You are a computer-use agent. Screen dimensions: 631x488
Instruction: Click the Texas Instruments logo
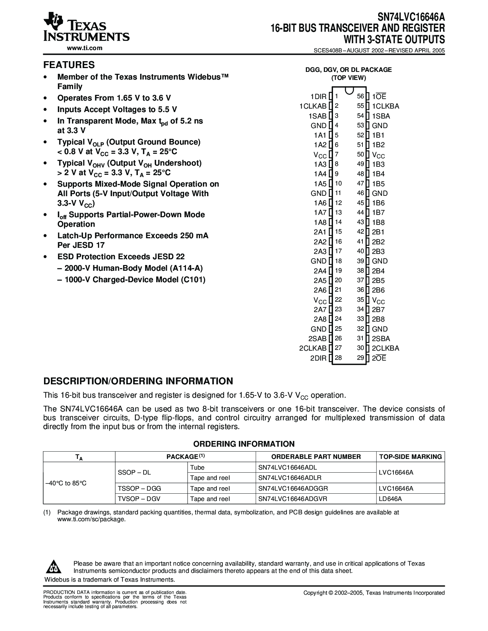coord(87,28)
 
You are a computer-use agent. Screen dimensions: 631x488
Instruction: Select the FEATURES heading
coord(69,65)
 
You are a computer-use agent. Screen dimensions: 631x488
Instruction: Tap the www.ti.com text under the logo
coord(85,48)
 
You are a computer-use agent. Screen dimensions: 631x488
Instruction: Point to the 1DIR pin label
coord(318,97)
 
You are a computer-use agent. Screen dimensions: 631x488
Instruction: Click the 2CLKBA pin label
coord(385,348)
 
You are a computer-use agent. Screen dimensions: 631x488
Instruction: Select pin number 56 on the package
coord(360,96)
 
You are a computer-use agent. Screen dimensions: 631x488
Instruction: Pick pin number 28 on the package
coord(338,358)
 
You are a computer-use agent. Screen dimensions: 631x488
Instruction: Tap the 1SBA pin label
coord(381,116)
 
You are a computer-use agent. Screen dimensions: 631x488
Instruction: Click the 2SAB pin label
coord(317,338)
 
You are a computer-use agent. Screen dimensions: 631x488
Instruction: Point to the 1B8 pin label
coord(378,222)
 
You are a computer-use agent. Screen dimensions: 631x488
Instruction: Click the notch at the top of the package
coord(349,91)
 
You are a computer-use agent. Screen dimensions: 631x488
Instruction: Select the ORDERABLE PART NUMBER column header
coord(316,457)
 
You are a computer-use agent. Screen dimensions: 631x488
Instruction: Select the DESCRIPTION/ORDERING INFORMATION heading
coord(138,381)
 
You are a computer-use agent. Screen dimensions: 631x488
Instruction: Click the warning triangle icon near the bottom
coord(54,567)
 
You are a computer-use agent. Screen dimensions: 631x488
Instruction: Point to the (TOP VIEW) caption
coord(348,78)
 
